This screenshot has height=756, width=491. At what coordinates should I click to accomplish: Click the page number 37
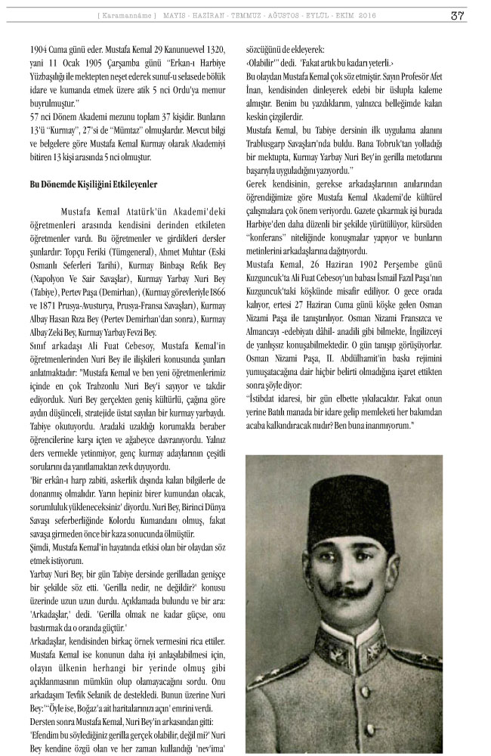(458, 15)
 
